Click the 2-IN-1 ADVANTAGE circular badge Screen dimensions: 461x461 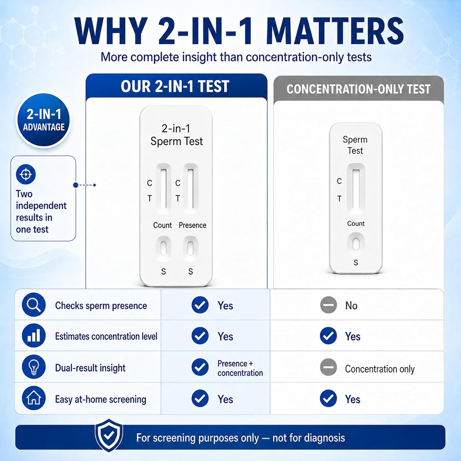43,120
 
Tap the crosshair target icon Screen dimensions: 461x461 26,174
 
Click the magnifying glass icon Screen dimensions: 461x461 34,305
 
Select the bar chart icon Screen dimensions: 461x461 34,336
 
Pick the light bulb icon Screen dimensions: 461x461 34,367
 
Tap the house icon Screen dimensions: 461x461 34,398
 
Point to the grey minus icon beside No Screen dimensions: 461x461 329,305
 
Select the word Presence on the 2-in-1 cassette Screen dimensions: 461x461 192,225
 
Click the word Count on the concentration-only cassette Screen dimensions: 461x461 356,223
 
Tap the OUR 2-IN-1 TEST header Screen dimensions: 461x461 175,86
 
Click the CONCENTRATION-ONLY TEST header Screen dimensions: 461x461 358,89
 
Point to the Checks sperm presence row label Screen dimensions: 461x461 101,306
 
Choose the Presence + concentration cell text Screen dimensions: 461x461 240,368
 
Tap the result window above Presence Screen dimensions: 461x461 191,188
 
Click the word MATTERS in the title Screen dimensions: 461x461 335,32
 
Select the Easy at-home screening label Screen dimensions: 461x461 100,399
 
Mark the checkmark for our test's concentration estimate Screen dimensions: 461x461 200,336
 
